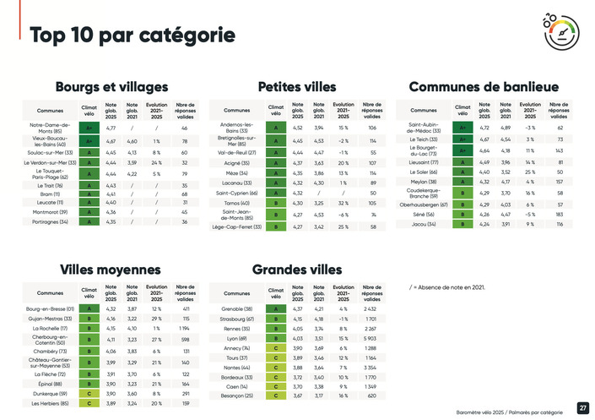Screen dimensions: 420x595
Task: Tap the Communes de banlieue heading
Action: click(484, 86)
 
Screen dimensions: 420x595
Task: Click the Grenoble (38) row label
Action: click(236, 309)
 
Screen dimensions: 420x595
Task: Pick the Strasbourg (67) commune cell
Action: click(236, 319)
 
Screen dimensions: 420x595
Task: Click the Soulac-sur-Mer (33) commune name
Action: click(52, 152)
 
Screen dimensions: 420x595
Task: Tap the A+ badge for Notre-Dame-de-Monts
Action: click(89, 128)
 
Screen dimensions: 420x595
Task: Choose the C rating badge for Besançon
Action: click(275, 395)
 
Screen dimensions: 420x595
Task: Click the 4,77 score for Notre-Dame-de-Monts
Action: click(110, 128)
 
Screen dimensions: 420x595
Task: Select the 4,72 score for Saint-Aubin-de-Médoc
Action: click(484, 128)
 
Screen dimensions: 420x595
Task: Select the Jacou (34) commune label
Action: click(423, 224)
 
